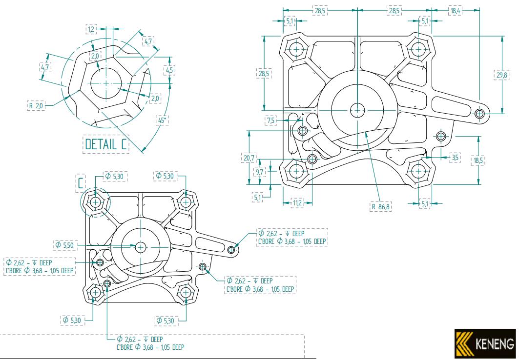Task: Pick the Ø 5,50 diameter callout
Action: coord(64,243)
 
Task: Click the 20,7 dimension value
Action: coord(249,158)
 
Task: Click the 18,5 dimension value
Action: coord(478,160)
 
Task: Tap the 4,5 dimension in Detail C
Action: coord(169,70)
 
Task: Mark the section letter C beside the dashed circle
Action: coord(81,182)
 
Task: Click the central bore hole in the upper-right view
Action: coord(357,109)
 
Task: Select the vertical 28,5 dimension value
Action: coord(263,73)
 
